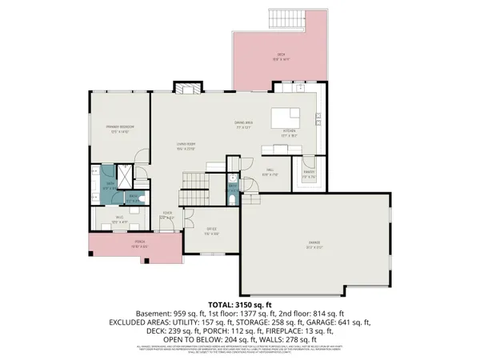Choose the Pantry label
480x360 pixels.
(307, 170)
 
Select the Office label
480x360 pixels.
(210, 233)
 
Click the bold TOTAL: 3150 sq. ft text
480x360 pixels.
(241, 305)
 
